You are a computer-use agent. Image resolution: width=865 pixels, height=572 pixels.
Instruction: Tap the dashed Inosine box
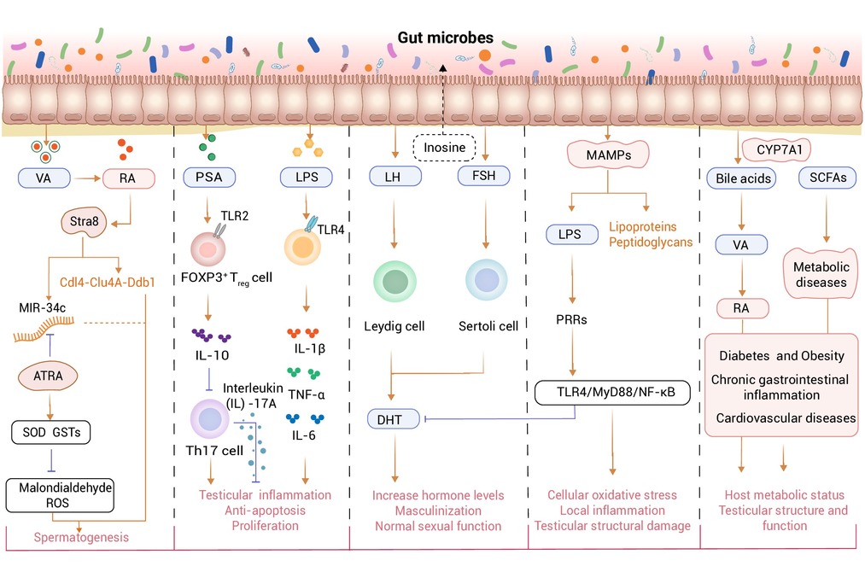click(447, 148)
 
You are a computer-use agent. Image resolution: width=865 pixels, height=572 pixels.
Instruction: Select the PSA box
click(210, 178)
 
